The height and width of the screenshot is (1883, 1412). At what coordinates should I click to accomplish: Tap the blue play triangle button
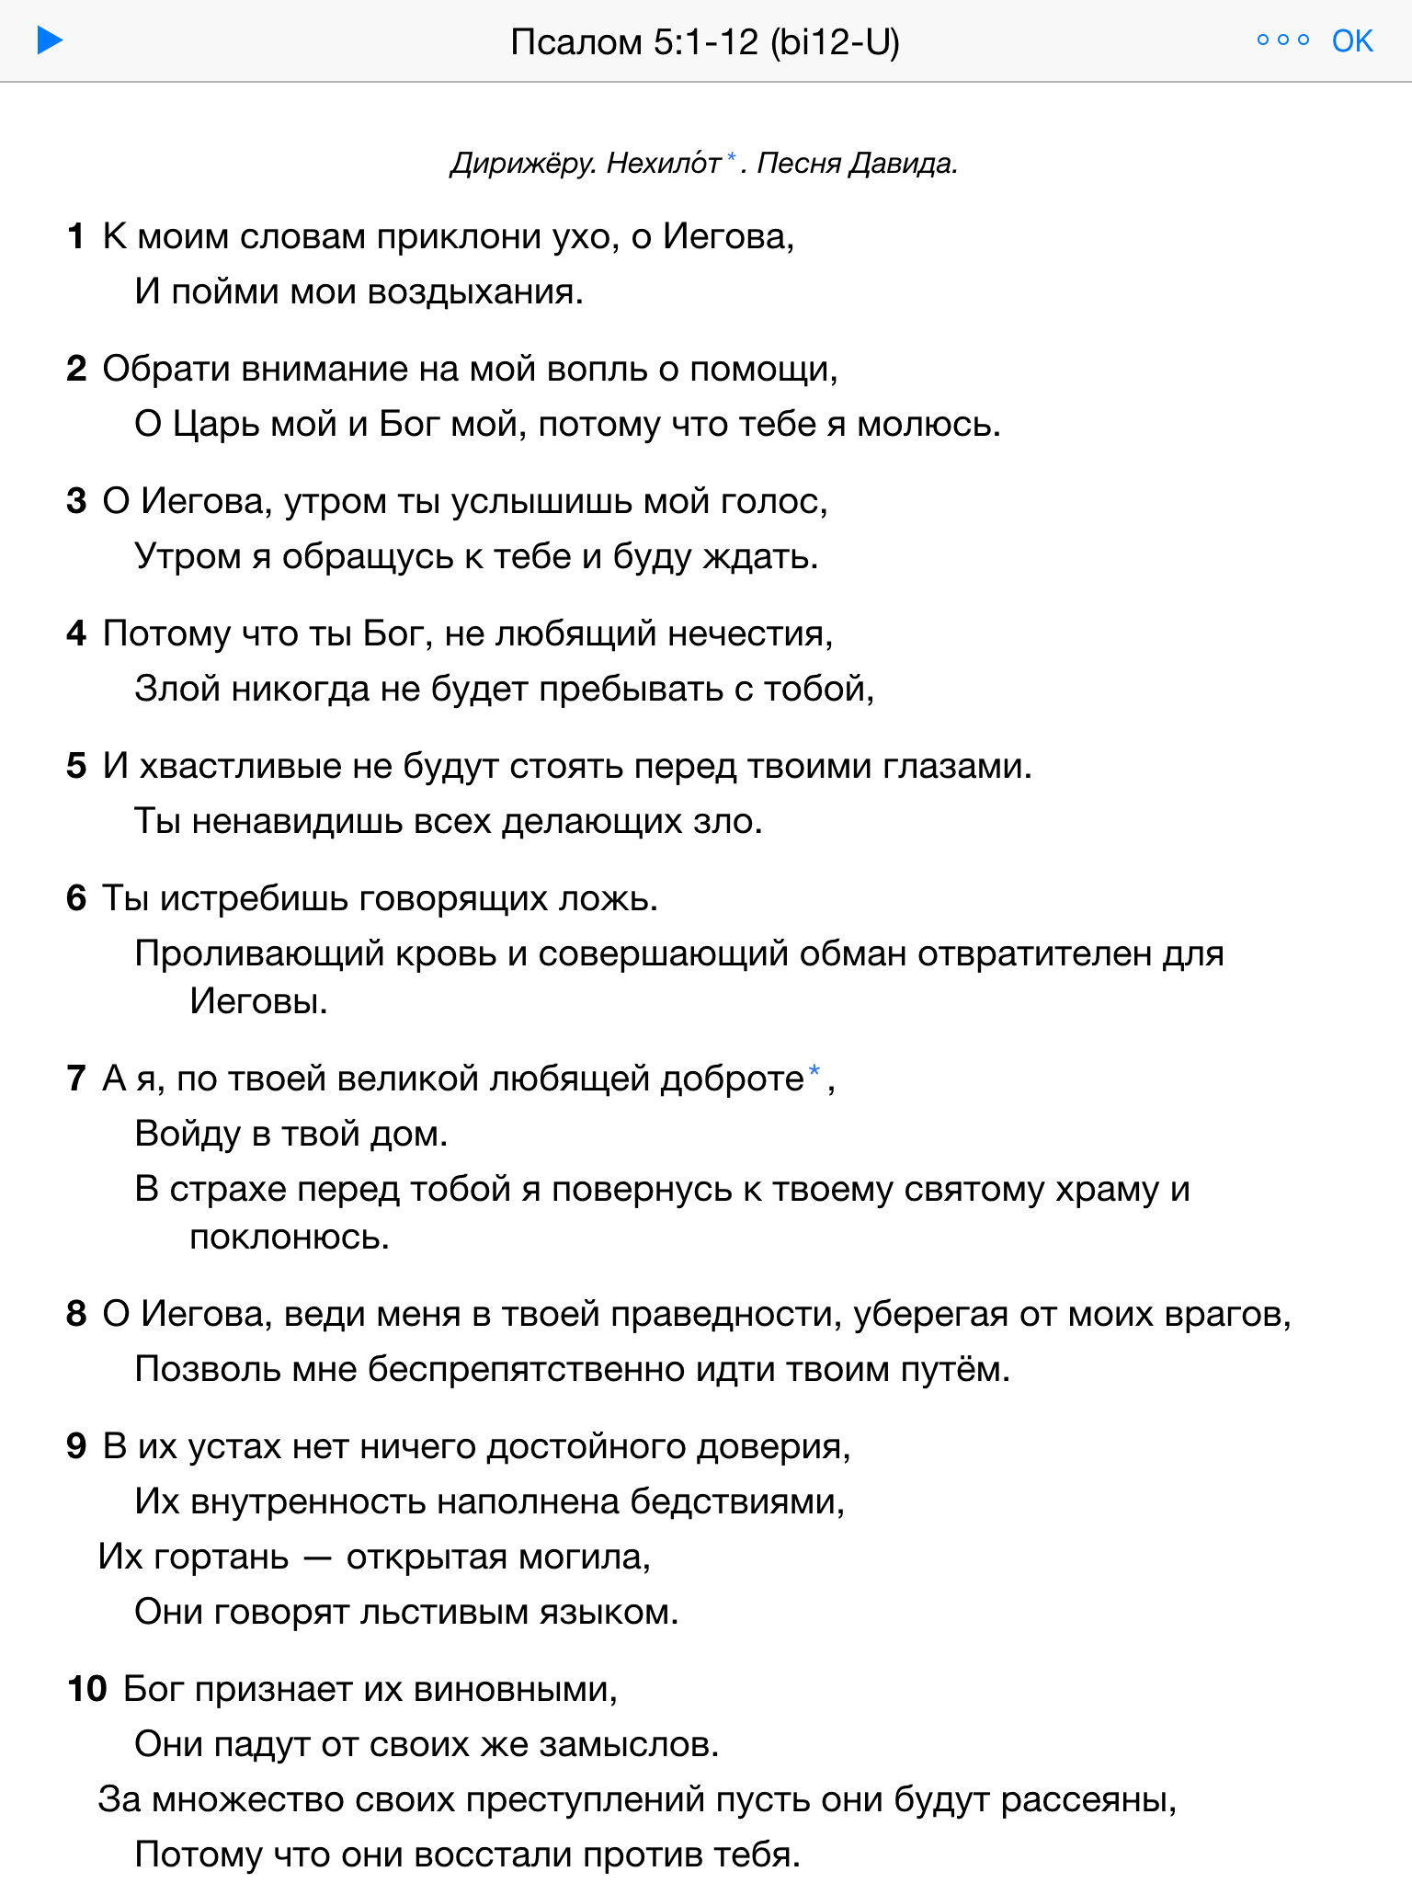coord(50,40)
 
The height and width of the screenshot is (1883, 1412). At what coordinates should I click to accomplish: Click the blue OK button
coord(1351,41)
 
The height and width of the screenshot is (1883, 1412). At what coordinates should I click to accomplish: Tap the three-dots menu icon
coord(1282,40)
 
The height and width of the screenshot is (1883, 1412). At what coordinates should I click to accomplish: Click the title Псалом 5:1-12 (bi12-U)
coord(705,42)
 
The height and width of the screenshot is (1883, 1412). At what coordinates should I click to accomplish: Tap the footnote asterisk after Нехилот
coord(732,159)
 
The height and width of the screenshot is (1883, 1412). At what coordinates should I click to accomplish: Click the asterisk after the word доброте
coord(814,1072)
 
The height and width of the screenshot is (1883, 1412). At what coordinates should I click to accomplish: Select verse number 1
coord(76,237)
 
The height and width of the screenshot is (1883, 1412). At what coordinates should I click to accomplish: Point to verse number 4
coord(76,634)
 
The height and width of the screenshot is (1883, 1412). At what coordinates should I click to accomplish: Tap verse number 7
coord(76,1079)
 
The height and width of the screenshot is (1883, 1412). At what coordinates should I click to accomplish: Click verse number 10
coord(87,1690)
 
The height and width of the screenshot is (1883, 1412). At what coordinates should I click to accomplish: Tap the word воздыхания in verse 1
coord(474,292)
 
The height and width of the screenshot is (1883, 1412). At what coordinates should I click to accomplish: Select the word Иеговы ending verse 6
coord(258,1001)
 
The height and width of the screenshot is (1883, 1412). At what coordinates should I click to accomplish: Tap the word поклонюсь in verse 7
coord(289,1238)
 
